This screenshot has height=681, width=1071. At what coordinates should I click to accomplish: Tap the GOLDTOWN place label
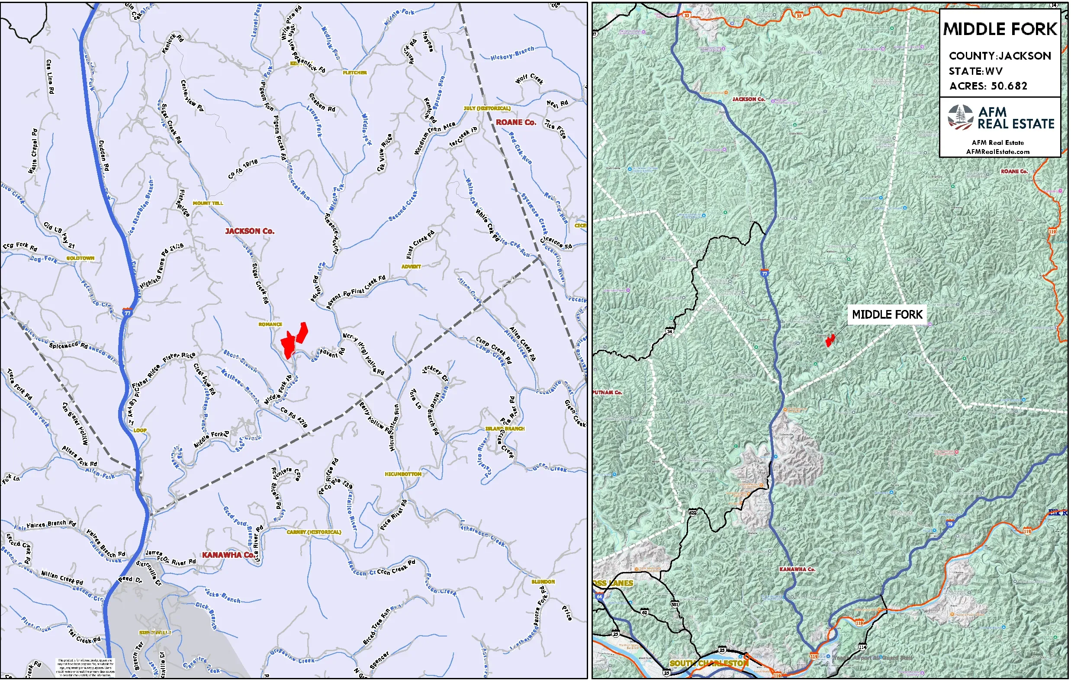(80, 258)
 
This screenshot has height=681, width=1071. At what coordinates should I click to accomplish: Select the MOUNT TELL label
(208, 203)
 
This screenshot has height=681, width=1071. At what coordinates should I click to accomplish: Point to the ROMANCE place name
(270, 324)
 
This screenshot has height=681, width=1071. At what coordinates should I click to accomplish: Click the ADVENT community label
(411, 267)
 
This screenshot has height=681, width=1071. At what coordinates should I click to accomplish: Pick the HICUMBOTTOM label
(402, 474)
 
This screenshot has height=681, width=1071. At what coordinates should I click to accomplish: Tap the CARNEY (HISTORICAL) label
(314, 532)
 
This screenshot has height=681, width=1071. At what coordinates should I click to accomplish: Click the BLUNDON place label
(543, 582)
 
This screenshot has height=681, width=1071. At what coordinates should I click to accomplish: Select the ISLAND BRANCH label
(505, 429)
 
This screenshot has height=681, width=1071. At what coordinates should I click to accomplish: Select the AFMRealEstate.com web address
(997, 152)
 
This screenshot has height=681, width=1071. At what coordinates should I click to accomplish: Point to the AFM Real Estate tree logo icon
(960, 117)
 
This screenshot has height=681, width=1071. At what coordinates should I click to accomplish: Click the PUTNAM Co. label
(608, 393)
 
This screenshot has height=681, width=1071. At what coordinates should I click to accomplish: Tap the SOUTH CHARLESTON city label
(708, 663)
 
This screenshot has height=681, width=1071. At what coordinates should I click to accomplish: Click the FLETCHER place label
(354, 73)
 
